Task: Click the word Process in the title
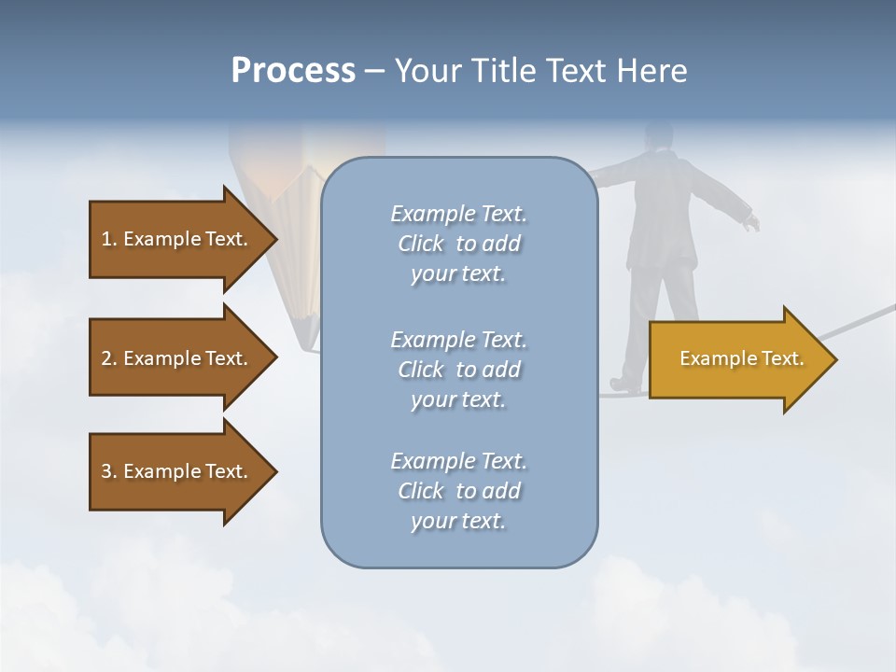[x=293, y=71]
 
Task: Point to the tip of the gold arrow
[x=834, y=359]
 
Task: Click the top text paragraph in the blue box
[x=458, y=244]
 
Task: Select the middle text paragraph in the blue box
[x=458, y=370]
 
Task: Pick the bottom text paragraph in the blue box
[x=458, y=491]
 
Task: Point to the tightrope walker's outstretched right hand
[x=751, y=222]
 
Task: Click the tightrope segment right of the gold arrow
[x=863, y=317]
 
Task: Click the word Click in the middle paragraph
[x=421, y=370]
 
